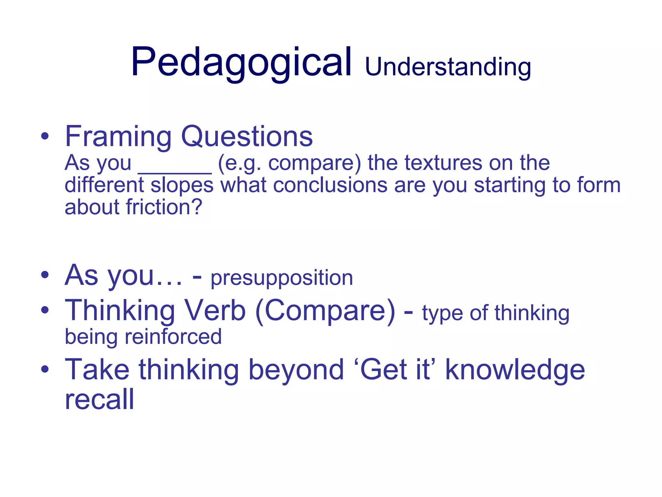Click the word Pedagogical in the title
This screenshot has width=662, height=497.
(241, 62)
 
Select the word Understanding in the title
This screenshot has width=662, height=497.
(448, 67)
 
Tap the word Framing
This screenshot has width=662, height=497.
(118, 137)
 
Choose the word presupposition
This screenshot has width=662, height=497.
(282, 278)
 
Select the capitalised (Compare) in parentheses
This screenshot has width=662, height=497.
(325, 311)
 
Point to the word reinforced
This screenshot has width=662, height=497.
(173, 337)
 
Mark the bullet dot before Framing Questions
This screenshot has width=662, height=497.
(45, 136)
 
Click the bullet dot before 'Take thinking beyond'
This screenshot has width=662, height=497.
(45, 369)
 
